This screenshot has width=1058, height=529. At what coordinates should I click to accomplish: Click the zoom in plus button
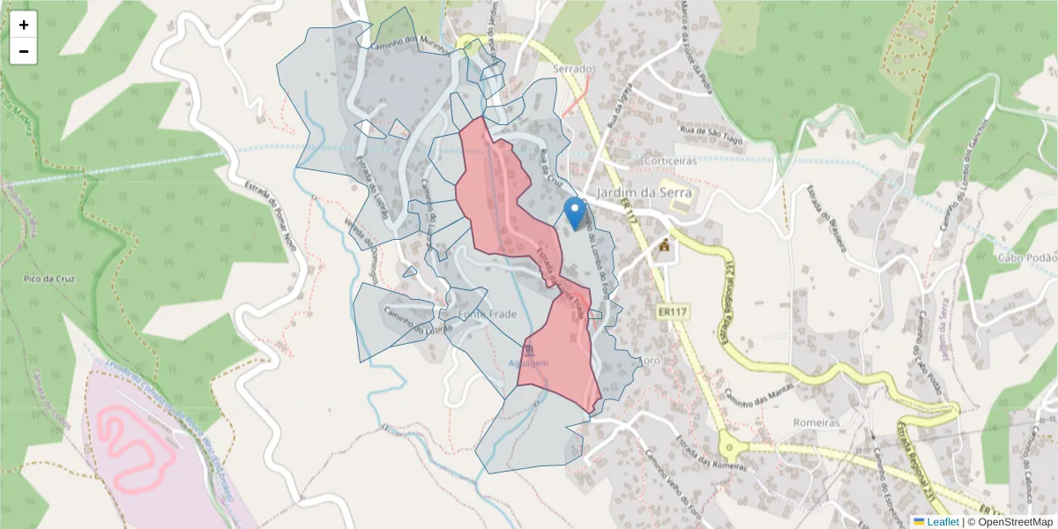[24, 25]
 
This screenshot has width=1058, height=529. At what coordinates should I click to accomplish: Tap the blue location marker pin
[575, 212]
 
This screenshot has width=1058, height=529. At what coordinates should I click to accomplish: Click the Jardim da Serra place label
[641, 192]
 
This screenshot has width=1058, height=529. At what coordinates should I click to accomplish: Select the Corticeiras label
[671, 160]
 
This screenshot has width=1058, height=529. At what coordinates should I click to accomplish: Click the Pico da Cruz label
[49, 279]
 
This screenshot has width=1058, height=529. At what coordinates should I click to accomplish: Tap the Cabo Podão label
[1026, 257]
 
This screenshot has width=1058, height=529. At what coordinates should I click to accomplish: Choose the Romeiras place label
[815, 422]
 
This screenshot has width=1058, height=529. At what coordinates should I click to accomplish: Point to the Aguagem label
[529, 363]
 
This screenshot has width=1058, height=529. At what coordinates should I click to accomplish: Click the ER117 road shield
[672, 311]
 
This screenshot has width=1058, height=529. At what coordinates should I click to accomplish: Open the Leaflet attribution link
[936, 522]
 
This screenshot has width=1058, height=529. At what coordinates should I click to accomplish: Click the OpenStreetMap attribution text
[1016, 522]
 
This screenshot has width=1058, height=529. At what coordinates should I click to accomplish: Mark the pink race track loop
[132, 445]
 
